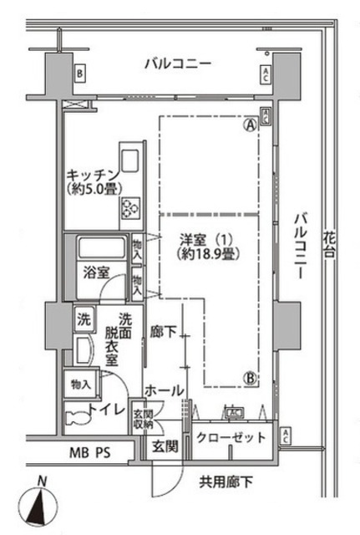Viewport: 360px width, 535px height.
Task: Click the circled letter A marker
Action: (x=249, y=126)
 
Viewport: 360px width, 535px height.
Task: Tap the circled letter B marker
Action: (x=249, y=378)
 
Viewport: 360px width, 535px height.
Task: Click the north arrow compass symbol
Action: (x=39, y=504)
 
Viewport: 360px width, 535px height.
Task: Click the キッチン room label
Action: (x=90, y=175)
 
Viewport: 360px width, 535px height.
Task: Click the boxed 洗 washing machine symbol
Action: (x=84, y=318)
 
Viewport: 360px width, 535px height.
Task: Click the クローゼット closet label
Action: (x=233, y=438)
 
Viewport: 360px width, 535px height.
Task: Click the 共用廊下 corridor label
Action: (x=226, y=481)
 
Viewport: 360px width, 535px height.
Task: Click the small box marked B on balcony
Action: (x=79, y=74)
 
